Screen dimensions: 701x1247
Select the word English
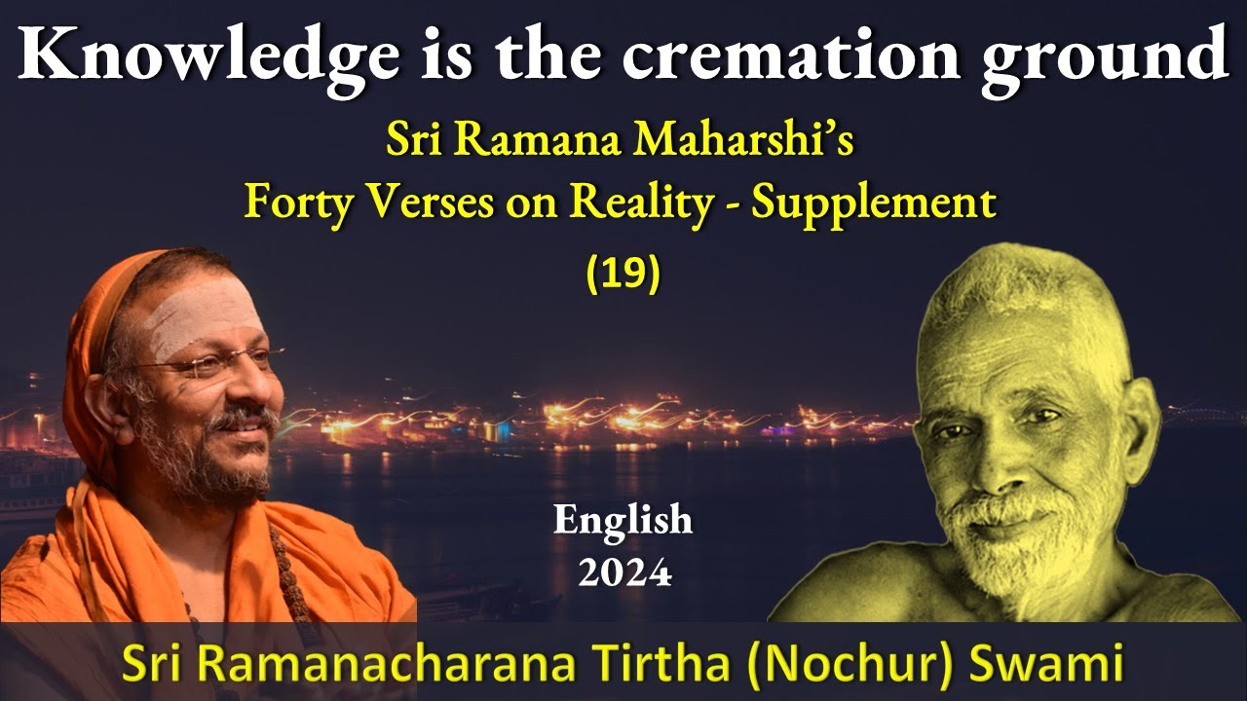623,520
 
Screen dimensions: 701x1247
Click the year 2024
623,572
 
